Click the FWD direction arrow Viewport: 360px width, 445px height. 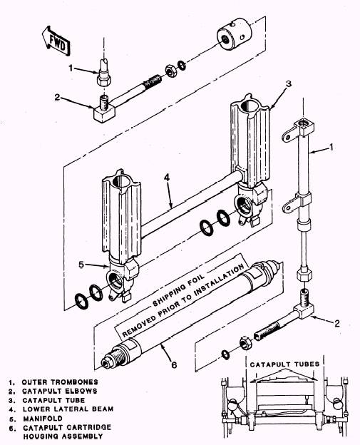click(x=56, y=41)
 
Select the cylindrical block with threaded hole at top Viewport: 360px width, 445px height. click(x=235, y=34)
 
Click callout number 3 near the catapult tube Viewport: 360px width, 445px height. click(x=288, y=83)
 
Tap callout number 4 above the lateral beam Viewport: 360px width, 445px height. click(x=167, y=178)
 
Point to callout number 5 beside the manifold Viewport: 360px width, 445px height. click(x=81, y=264)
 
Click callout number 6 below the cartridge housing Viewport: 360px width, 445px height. click(x=174, y=364)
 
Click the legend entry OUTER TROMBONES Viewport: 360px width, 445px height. click(x=60, y=382)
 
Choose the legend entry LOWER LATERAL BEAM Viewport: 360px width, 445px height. click(x=68, y=409)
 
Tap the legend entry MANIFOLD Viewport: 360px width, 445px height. click(x=43, y=418)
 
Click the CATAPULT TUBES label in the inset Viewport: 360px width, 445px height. click(x=284, y=364)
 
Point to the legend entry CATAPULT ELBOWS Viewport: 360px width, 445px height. click(x=60, y=391)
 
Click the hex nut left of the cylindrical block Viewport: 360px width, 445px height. click(x=170, y=71)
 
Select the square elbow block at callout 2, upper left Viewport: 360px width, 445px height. click(x=104, y=112)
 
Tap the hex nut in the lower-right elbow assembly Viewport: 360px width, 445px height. click(x=245, y=342)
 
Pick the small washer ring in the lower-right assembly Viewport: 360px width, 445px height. click(x=226, y=354)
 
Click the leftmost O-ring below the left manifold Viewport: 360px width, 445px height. click(x=81, y=302)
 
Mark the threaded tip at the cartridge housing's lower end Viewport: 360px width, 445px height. click(x=107, y=363)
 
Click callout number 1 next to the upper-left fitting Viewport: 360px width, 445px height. click(x=71, y=68)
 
